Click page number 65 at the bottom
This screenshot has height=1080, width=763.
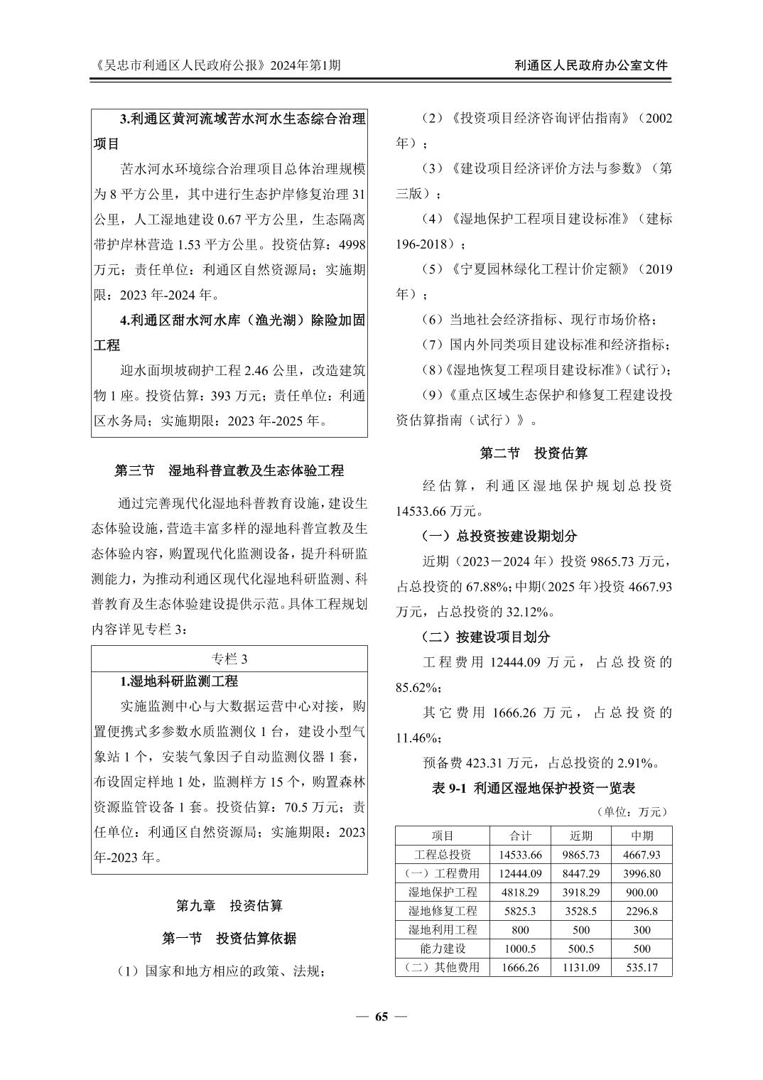(x=381, y=1016)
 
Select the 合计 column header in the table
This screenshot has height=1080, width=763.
(x=520, y=836)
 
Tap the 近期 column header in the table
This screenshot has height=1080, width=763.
(x=580, y=836)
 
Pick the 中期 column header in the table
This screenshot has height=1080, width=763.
(x=642, y=836)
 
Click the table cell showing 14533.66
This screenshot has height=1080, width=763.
(x=520, y=855)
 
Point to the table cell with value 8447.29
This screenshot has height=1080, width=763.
(x=580, y=873)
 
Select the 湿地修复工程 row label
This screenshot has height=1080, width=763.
(x=443, y=911)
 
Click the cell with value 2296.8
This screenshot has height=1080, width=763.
(x=642, y=911)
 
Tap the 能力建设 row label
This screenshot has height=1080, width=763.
(x=443, y=949)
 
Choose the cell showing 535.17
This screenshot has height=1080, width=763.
(x=642, y=967)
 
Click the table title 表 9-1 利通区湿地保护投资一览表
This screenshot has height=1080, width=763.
(x=534, y=787)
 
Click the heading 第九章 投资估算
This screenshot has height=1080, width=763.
(x=229, y=905)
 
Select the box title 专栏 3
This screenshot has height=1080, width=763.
(x=229, y=659)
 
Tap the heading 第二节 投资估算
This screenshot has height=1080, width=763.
(x=534, y=453)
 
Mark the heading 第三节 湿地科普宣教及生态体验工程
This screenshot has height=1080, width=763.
(x=229, y=470)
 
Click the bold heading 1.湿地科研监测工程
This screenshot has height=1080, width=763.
(x=179, y=681)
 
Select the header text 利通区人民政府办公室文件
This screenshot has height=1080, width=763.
(x=591, y=65)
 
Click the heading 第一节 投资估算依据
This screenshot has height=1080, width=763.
(x=229, y=939)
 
